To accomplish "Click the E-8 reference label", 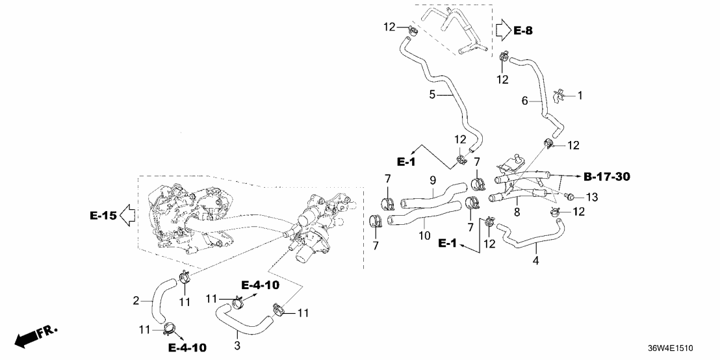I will coord(524,30).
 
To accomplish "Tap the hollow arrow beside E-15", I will coord(127,215).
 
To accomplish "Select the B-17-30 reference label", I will coord(607,176).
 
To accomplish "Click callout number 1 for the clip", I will coord(580,96).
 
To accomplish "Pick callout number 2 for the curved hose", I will coord(136,300).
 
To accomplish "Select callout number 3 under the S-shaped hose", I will coord(237,345).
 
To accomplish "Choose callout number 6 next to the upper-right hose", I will coord(525,101).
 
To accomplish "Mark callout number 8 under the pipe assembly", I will coord(517,211).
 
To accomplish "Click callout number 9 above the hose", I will coord(431,180).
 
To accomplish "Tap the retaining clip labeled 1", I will coord(558,96).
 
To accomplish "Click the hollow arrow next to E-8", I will coord(502,30).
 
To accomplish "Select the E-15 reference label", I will coord(101,215).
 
